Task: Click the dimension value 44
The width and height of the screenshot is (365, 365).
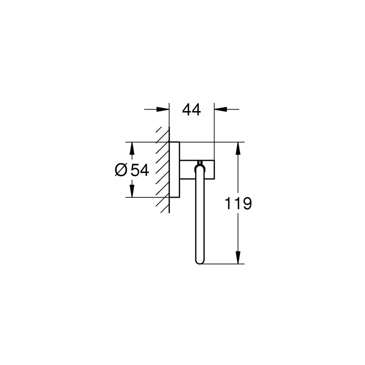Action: coord(191,110)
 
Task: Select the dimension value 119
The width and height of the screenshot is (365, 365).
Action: coord(238,204)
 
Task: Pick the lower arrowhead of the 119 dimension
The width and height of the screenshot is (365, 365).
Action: coord(239,258)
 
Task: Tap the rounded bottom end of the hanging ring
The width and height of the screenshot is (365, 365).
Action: coord(200,261)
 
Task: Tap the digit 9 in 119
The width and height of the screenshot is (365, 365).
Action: coord(247,204)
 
